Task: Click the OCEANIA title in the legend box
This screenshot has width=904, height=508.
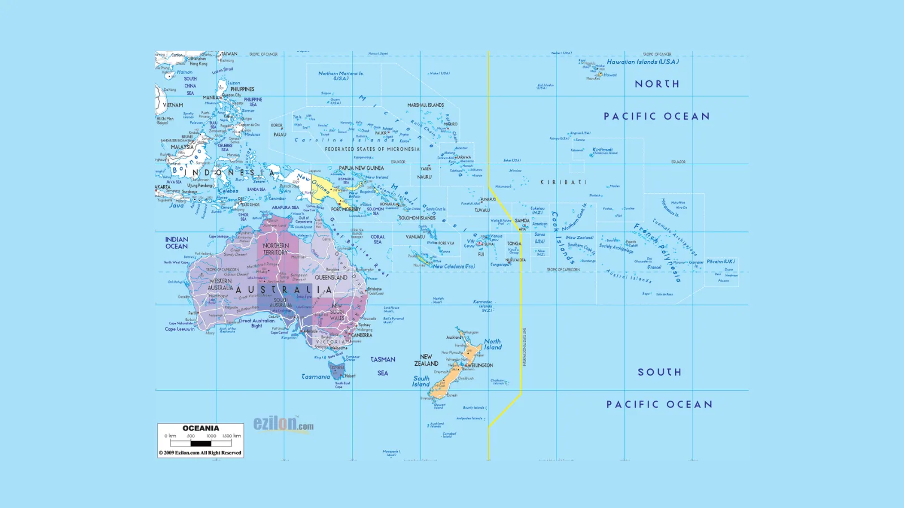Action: tap(201, 428)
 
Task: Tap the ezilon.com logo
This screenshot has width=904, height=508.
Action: tap(282, 424)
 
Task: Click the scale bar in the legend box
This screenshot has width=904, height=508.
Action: tap(201, 444)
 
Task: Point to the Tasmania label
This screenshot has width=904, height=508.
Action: tap(316, 376)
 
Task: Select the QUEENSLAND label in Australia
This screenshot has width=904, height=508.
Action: tap(331, 278)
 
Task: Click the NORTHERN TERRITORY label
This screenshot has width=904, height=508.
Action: tap(276, 249)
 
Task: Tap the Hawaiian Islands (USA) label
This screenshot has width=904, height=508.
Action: tap(642, 62)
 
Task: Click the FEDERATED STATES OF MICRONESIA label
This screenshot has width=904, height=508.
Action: tap(372, 149)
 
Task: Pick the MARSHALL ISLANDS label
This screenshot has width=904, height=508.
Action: tap(425, 105)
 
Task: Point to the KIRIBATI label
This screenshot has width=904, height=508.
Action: tap(563, 182)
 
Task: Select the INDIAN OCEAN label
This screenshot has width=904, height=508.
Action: tap(176, 243)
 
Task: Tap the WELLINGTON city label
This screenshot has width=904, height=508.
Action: tap(480, 365)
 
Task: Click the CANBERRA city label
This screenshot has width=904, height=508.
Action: tap(362, 335)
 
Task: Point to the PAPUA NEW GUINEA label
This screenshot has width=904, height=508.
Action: tap(361, 168)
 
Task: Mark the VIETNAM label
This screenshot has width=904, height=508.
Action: tap(173, 105)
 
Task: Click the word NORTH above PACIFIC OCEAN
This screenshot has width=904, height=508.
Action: tap(657, 84)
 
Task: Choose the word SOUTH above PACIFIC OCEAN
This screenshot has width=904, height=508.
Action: tap(659, 372)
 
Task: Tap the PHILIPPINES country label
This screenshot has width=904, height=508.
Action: tap(242, 89)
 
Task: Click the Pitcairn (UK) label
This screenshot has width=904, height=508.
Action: tap(720, 261)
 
